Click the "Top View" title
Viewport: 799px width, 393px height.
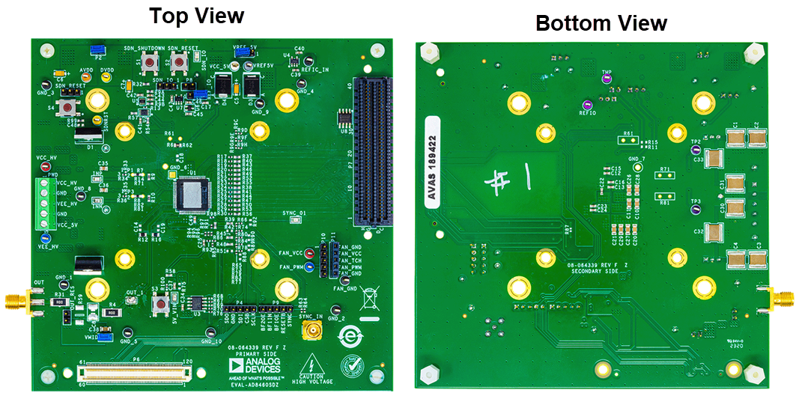pos(196,16)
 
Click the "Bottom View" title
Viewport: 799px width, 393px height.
pos(601,22)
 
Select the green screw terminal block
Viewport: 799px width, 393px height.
pos(45,204)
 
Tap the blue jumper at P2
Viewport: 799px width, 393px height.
pos(98,50)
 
